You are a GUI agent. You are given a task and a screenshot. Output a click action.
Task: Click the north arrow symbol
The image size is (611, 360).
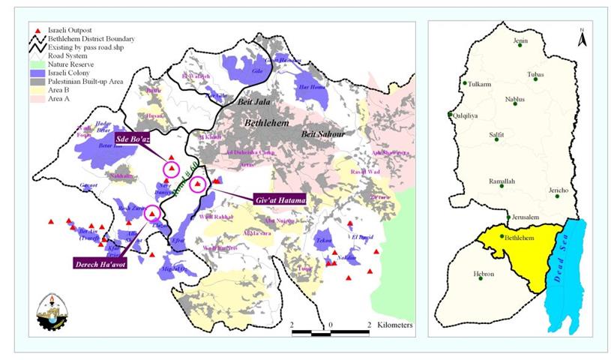click(x=580, y=34)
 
